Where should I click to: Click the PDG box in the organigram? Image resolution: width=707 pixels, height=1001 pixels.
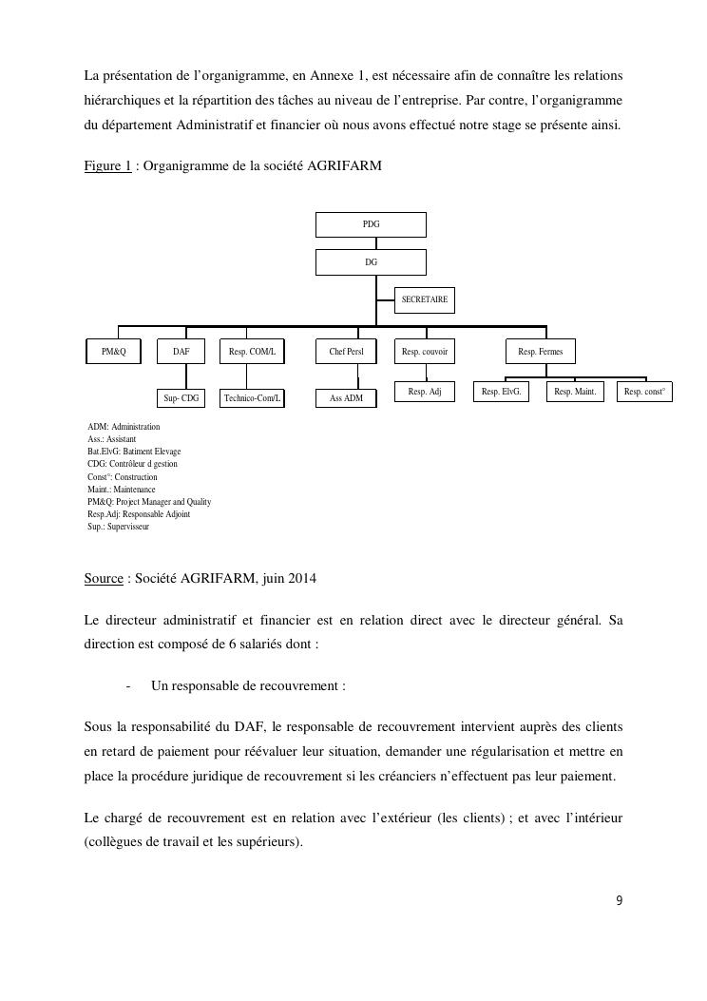pyautogui.click(x=371, y=224)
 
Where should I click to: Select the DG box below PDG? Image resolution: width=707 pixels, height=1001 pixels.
pyautogui.click(x=371, y=261)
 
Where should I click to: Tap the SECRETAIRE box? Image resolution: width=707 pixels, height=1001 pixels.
pyautogui.click(x=424, y=299)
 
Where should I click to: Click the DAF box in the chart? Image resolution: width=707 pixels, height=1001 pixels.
pyautogui.click(x=181, y=352)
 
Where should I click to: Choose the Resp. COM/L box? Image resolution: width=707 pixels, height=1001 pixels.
pyautogui.click(x=252, y=352)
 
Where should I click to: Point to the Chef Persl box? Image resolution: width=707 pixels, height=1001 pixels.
pyautogui.click(x=346, y=352)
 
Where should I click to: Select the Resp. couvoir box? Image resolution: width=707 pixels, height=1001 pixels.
pyautogui.click(x=424, y=352)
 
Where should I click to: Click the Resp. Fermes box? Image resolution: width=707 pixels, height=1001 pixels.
pyautogui.click(x=540, y=352)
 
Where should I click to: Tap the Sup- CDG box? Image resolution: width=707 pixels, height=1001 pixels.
pyautogui.click(x=181, y=398)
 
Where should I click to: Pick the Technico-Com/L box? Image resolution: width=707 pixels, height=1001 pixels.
pyautogui.click(x=252, y=398)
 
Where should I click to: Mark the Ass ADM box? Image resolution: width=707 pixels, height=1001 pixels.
pyautogui.click(x=346, y=398)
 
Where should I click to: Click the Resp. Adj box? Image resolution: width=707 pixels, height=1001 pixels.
pyautogui.click(x=424, y=391)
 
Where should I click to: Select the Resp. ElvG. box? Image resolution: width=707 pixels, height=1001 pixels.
pyautogui.click(x=501, y=391)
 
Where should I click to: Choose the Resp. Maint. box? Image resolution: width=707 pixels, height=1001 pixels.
pyautogui.click(x=574, y=391)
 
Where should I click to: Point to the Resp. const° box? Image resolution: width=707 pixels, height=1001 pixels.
pyautogui.click(x=644, y=391)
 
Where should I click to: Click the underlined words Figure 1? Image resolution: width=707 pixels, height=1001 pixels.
pyautogui.click(x=107, y=166)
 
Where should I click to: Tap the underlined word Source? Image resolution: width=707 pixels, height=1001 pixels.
pyautogui.click(x=104, y=578)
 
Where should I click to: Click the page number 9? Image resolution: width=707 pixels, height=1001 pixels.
pyautogui.click(x=619, y=901)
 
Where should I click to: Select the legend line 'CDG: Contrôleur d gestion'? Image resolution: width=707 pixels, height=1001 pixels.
pyautogui.click(x=132, y=464)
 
